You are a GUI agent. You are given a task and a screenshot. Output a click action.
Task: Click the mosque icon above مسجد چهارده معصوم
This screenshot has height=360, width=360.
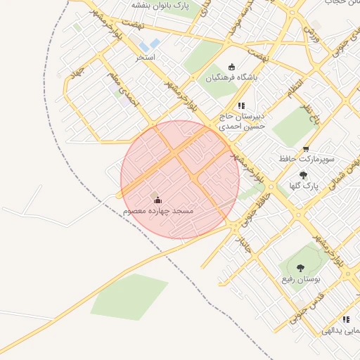[157, 200]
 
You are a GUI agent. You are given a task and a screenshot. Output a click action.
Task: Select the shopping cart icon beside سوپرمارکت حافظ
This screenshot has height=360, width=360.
[306, 149]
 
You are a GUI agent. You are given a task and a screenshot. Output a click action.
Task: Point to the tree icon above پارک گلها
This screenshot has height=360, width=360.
[303, 175]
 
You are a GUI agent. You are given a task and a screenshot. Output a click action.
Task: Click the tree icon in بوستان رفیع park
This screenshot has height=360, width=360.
[300, 267]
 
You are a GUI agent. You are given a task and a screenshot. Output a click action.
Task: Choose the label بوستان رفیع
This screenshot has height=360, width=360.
[302, 279]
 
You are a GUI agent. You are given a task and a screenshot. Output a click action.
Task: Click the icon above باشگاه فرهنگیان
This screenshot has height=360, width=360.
[232, 67]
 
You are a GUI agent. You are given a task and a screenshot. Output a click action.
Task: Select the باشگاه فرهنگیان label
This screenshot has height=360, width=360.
[231, 78]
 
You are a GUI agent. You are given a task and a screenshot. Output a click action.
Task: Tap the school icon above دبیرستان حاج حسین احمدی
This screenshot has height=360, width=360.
[240, 105]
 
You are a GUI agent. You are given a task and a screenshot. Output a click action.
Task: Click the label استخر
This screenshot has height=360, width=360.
[146, 56]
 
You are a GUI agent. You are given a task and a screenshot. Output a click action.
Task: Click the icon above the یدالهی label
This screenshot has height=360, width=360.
[345, 319]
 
